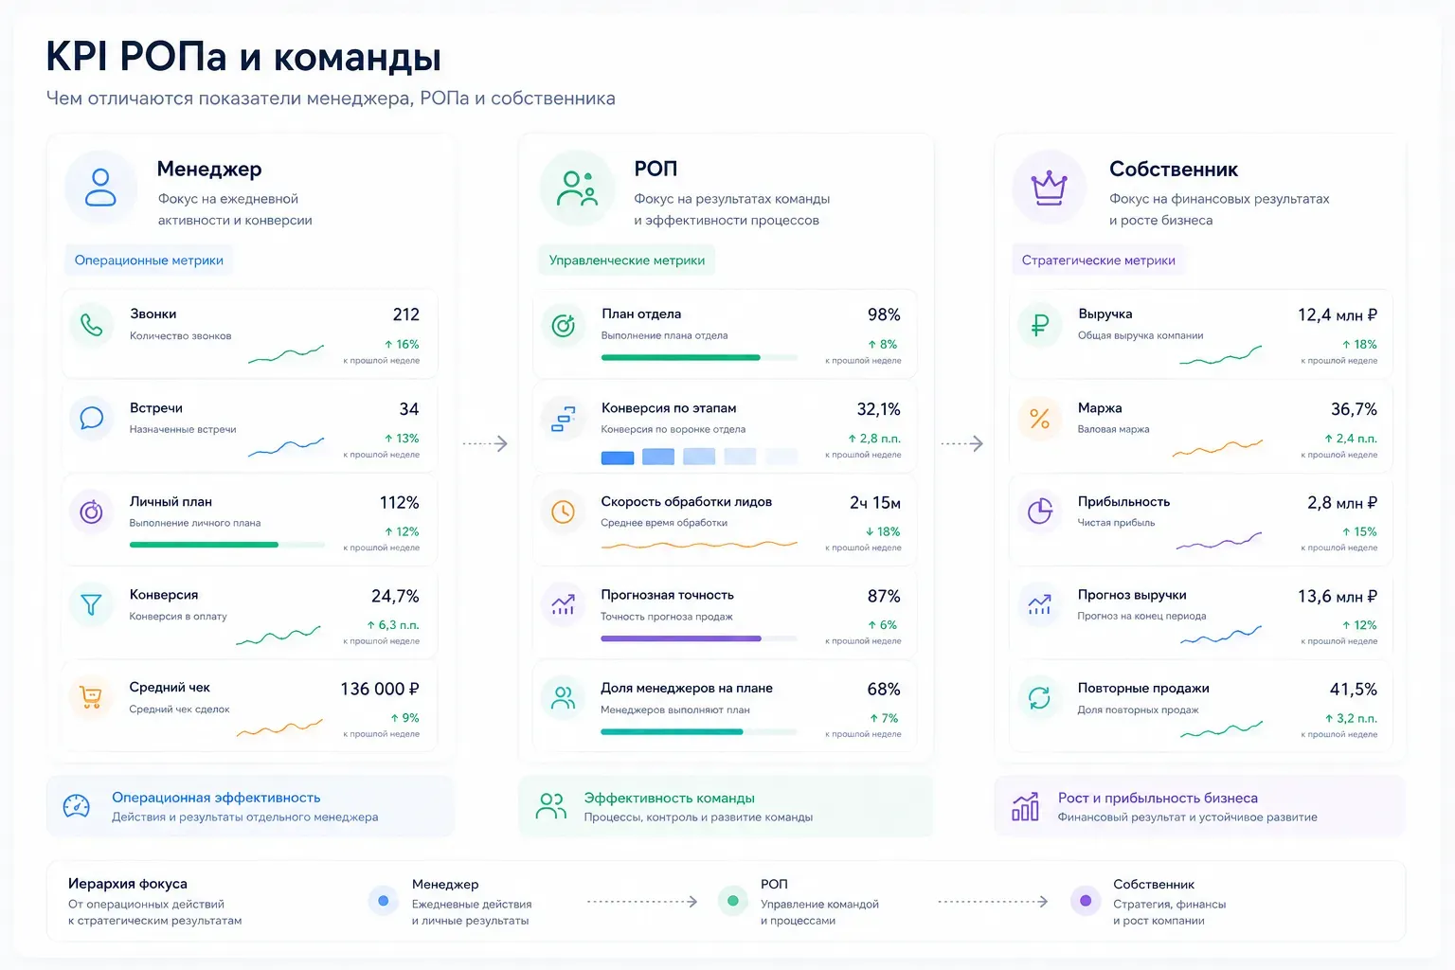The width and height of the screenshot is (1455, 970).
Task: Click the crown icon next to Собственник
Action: coord(1049,189)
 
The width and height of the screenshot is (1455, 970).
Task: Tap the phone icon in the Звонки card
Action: coord(92,324)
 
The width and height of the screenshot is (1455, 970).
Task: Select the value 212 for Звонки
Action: coord(406,314)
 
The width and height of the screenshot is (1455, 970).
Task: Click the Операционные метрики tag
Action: coord(149,260)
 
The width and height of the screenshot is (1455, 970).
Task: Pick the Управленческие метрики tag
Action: coord(627,260)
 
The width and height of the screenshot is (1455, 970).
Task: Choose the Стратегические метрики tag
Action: coord(1099,260)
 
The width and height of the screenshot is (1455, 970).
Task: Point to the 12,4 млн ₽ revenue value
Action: coord(1337,315)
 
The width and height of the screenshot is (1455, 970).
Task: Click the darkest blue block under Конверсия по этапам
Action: coord(618,458)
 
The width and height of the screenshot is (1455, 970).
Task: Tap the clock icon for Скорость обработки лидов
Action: coord(564,512)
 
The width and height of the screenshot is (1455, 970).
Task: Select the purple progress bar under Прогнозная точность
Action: coord(681,638)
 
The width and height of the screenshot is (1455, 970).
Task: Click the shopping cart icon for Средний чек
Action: coord(91,697)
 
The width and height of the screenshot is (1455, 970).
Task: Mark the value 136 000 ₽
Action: coord(380,689)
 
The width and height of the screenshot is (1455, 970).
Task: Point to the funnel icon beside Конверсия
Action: coord(91,604)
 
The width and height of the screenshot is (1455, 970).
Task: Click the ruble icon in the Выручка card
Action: coord(1040,324)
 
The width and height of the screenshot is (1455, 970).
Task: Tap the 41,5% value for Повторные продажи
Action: coord(1353,690)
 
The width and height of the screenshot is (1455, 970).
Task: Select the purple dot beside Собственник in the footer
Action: coord(1086,901)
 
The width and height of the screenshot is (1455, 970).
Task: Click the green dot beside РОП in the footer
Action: coord(733,901)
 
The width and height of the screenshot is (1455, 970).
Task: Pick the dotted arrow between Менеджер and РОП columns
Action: coord(485,443)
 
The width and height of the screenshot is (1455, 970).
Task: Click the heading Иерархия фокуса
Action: coord(127,884)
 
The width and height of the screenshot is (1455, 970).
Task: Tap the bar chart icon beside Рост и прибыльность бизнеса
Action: coord(1026,806)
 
